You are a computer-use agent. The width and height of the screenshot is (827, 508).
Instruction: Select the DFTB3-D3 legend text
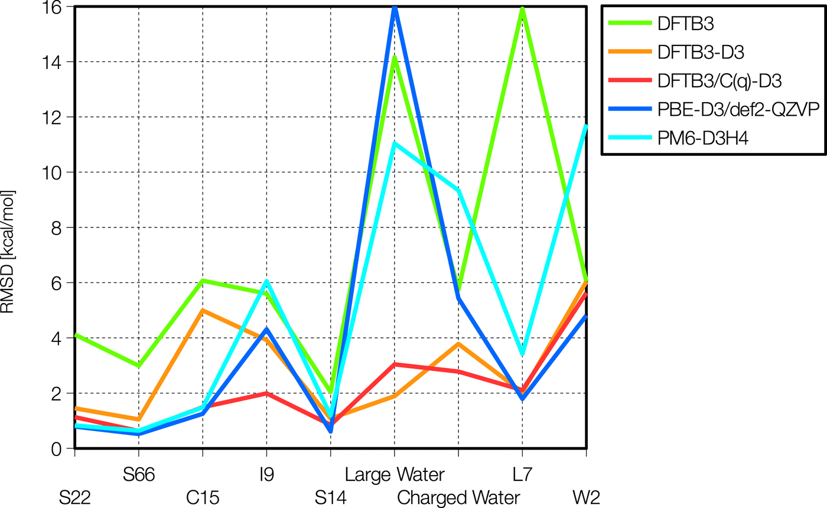pos(700,53)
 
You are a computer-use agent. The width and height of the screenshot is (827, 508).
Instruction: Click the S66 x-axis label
pos(139,474)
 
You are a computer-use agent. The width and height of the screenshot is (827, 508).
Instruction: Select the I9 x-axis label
pos(266,474)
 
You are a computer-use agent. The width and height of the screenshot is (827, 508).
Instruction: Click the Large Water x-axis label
pos(395,474)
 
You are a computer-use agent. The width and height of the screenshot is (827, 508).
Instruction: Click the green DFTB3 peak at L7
pos(522,9)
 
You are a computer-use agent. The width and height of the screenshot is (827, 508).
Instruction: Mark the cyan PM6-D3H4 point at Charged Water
pos(458,190)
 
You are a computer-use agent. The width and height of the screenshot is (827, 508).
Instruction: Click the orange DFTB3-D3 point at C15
pos(203,310)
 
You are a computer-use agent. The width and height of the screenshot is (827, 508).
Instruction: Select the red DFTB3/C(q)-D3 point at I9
pos(266,393)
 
